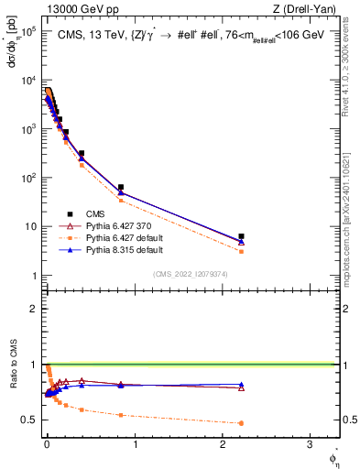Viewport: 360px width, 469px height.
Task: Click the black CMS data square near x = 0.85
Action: (120, 188)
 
